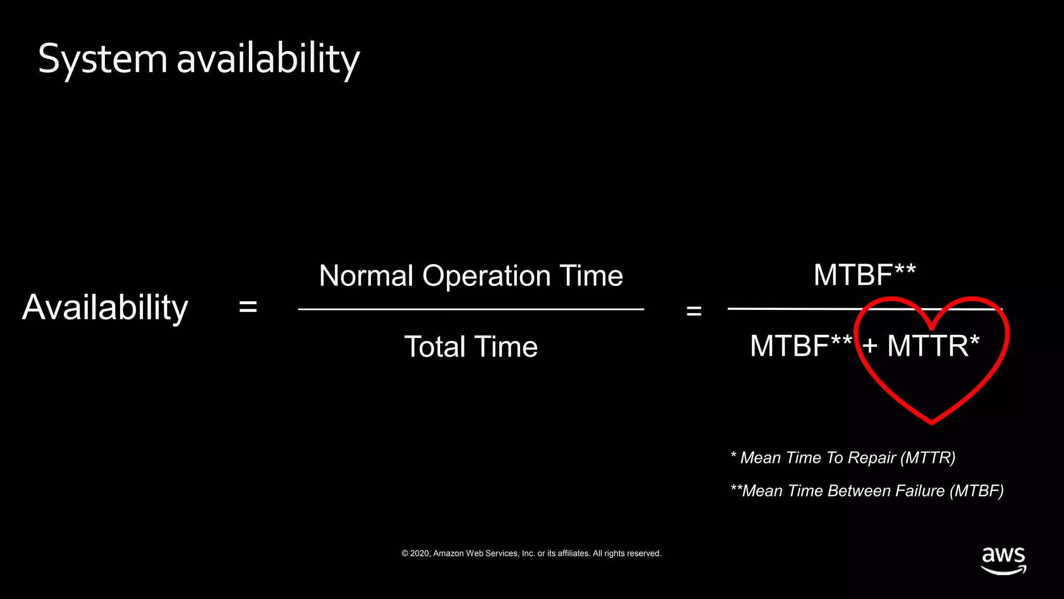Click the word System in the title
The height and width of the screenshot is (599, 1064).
102,59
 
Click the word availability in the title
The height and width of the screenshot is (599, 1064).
268,59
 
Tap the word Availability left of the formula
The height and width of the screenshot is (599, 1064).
105,307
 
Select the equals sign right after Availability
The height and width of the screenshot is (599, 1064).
248,307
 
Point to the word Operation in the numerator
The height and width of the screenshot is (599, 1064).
486,276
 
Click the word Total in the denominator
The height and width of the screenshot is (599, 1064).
434,347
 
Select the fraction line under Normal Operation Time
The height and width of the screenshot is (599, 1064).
471,309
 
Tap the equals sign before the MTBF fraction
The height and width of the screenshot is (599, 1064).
694,311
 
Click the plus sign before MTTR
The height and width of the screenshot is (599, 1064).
870,346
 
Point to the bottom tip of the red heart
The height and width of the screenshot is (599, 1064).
932,422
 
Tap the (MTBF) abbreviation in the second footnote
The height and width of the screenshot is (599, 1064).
976,491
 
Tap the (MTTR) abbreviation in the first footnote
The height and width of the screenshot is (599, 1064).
928,458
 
